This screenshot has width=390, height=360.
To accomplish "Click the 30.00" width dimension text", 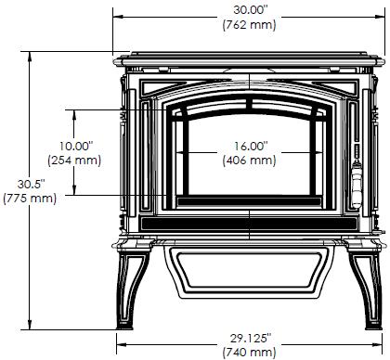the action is pyautogui.click(x=250, y=10).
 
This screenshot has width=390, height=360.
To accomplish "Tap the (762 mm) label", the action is pyautogui.click(x=249, y=25).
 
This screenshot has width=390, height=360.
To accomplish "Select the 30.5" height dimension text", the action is pyautogui.click(x=31, y=184).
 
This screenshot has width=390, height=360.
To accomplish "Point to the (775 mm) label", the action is pyautogui.click(x=30, y=199).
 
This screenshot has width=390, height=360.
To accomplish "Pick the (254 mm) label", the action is pyautogui.click(x=74, y=161).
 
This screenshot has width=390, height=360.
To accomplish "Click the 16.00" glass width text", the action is pyautogui.click(x=251, y=146).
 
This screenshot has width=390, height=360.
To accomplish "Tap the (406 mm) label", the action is pyautogui.click(x=249, y=161).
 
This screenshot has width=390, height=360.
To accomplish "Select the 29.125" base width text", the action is pyautogui.click(x=251, y=339).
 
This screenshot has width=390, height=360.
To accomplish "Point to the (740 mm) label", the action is pyautogui.click(x=249, y=353).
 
